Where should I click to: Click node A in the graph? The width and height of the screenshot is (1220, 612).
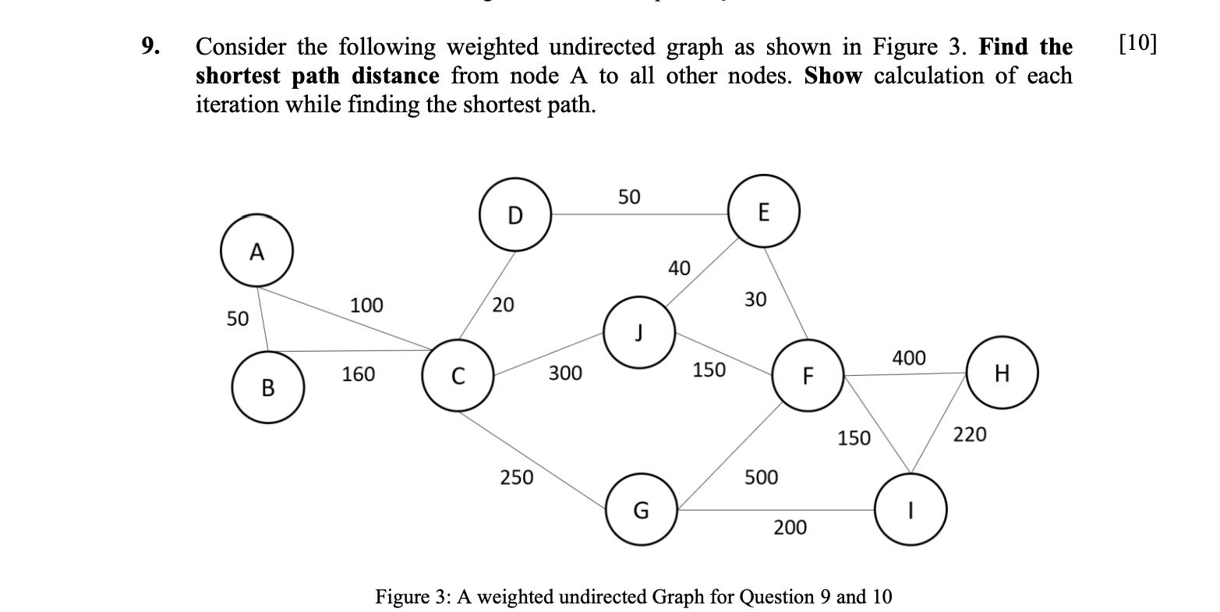point(256,252)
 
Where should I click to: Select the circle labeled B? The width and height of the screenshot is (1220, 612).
point(267,387)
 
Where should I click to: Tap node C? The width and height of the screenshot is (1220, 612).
point(458,375)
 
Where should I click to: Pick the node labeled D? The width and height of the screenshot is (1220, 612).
point(515,215)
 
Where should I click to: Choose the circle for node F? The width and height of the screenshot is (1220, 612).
point(808,376)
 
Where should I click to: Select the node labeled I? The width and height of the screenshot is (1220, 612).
point(911,508)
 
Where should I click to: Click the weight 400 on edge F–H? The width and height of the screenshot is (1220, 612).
point(909,358)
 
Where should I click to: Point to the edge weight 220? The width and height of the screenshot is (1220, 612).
point(970,433)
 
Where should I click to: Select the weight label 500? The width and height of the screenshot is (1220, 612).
point(761,476)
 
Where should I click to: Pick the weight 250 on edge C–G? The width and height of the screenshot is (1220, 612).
point(516,476)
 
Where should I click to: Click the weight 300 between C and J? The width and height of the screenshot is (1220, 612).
point(565,373)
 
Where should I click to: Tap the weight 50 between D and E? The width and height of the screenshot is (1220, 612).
point(629,197)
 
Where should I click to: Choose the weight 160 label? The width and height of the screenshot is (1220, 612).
point(358,374)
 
